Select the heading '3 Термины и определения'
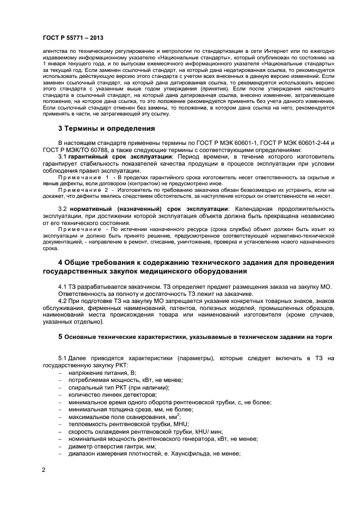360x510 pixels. point(106,129)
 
